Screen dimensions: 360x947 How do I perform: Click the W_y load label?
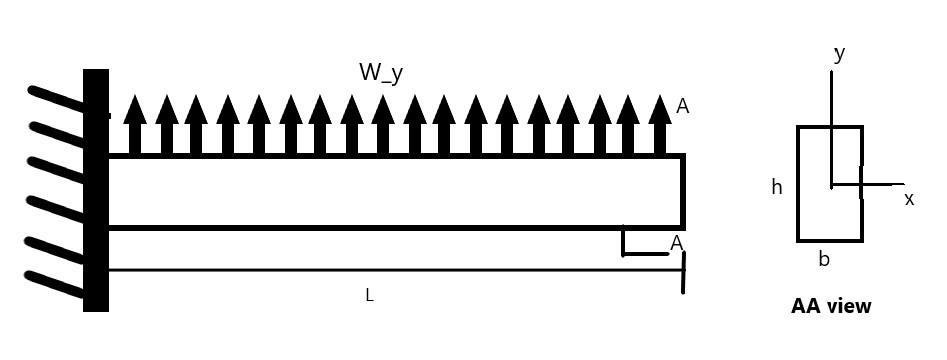click(381, 72)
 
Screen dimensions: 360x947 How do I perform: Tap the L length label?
click(369, 295)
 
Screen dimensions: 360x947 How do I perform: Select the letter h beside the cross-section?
click(777, 187)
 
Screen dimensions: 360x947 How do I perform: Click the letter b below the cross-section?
click(824, 260)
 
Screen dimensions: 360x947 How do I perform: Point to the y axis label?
click(839, 54)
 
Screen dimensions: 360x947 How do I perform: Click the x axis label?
click(909, 199)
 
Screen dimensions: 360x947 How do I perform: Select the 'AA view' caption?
click(831, 306)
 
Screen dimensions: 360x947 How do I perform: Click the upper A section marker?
click(683, 106)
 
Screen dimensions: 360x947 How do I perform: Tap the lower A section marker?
click(677, 243)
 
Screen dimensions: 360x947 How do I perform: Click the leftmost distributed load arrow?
click(135, 125)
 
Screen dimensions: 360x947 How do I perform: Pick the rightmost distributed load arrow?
click(659, 125)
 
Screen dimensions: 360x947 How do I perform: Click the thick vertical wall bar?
click(96, 190)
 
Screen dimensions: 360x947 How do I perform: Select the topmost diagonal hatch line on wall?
click(56, 97)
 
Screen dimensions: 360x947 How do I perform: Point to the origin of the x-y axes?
click(831, 185)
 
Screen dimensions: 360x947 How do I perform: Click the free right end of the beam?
click(683, 191)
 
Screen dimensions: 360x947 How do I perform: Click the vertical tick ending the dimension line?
click(683, 272)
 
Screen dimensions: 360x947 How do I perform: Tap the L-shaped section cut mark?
click(624, 244)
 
